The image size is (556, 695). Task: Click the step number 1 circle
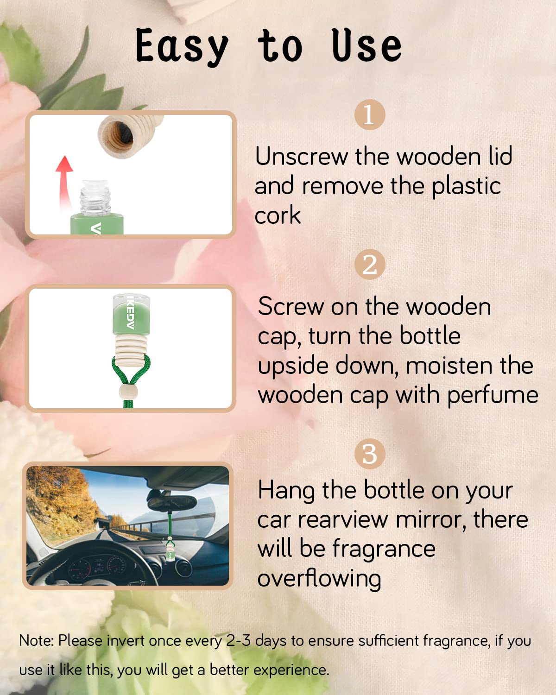370,114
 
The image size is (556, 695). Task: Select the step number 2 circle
370,265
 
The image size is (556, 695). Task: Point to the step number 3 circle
370,454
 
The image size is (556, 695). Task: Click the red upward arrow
64,183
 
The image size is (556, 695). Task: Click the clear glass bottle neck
95,197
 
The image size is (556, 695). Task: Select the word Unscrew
302,157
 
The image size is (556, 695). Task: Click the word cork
278,215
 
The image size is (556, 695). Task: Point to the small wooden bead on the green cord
129,391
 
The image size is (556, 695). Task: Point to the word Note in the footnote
36,641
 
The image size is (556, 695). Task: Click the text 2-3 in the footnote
238,641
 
